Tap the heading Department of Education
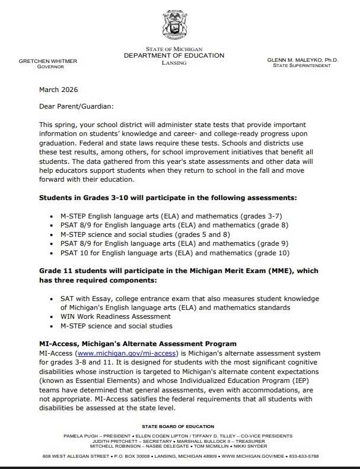(x=174, y=55)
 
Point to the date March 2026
(x=58, y=90)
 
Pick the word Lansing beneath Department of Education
(x=174, y=62)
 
